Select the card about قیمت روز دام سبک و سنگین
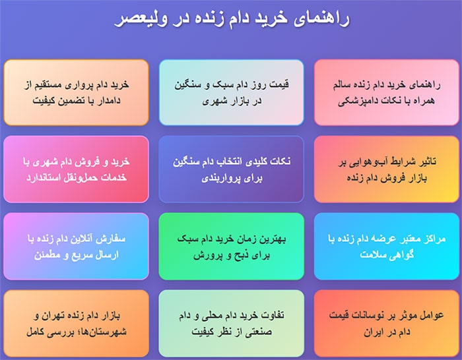click(x=231, y=93)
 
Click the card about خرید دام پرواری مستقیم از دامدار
click(x=76, y=93)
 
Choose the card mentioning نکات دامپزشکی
click(x=386, y=93)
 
